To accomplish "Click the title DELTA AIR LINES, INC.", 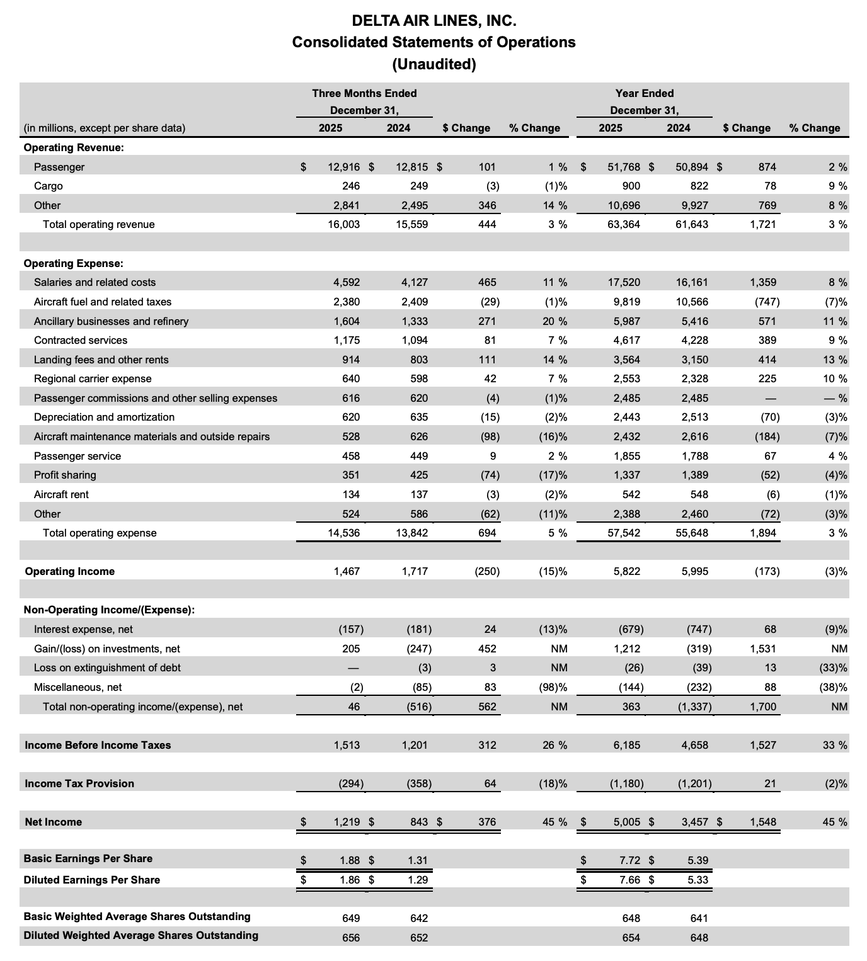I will pyautogui.click(x=433, y=21).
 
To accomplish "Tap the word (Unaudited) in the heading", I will pyautogui.click(x=433, y=64).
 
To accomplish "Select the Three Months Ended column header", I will pyautogui.click(x=364, y=93).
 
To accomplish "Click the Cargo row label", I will pyautogui.click(x=49, y=186).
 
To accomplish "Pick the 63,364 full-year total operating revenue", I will pyautogui.click(x=623, y=224).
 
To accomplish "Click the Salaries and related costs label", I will pyautogui.click(x=95, y=282).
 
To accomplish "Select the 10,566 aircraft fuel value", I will pyautogui.click(x=691, y=302).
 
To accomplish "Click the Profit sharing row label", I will pyautogui.click(x=65, y=475).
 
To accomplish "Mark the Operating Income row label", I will pyautogui.click(x=69, y=571).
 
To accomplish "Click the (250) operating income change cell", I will pyautogui.click(x=486, y=571).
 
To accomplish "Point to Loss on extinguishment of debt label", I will pyautogui.click(x=107, y=668).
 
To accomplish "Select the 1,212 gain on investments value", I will pyautogui.click(x=627, y=649).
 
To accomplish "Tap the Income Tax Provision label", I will pyautogui.click(x=79, y=783).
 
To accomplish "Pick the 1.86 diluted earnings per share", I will pyautogui.click(x=350, y=880).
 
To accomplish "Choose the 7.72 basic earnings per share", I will pyautogui.click(x=630, y=859).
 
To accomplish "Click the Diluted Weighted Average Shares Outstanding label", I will pyautogui.click(x=141, y=935).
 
